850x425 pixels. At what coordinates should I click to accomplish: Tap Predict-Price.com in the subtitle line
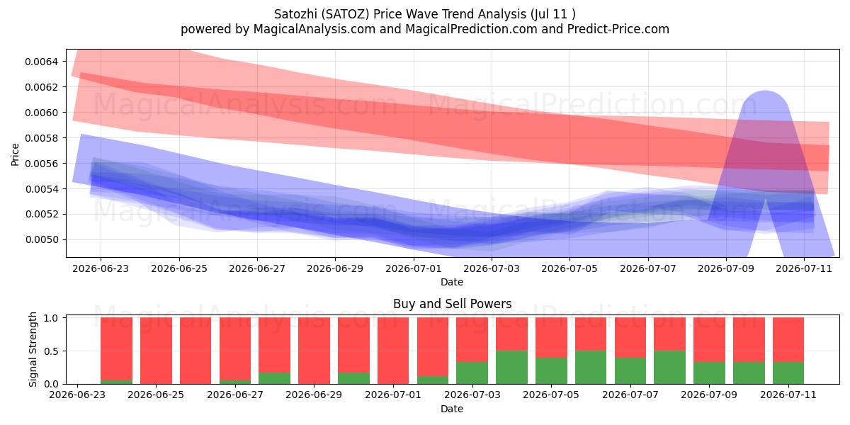(618, 29)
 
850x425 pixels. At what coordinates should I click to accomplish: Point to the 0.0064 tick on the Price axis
(41, 62)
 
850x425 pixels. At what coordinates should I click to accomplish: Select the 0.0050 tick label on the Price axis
(41, 239)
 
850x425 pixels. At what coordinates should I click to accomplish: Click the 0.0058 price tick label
(41, 137)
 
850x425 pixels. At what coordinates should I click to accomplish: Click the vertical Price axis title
(15, 154)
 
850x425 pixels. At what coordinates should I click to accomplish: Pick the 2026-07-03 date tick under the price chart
(492, 268)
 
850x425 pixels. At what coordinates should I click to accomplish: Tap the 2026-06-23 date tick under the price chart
(101, 268)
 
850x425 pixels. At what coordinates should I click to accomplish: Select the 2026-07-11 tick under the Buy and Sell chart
(788, 395)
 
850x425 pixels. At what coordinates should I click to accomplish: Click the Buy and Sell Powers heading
(453, 304)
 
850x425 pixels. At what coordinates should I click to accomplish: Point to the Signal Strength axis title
(33, 349)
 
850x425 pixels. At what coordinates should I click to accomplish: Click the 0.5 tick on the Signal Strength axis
(51, 351)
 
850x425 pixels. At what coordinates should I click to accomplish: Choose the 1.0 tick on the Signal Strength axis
(51, 318)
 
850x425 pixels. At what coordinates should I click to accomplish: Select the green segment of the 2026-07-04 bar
(511, 368)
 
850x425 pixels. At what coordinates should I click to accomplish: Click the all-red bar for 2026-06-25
(156, 351)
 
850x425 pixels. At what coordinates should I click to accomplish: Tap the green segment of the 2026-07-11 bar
(788, 373)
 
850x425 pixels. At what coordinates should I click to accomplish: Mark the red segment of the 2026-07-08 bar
(670, 334)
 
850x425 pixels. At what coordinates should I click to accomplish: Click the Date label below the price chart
(452, 282)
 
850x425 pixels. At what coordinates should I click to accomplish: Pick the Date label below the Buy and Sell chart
(452, 409)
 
